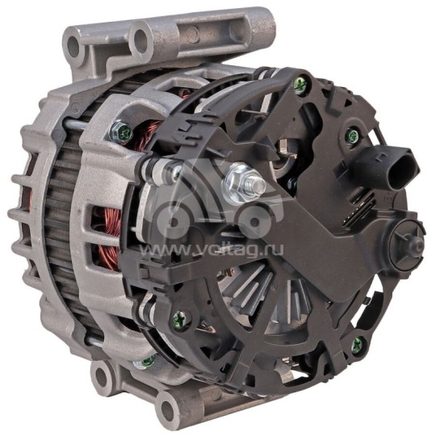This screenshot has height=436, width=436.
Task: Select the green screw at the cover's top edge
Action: click(x=300, y=82)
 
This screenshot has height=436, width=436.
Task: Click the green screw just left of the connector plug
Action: click(x=349, y=135)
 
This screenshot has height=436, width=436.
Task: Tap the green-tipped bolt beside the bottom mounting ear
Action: click(x=149, y=358)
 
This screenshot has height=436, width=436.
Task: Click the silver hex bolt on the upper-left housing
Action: click(x=123, y=129)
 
